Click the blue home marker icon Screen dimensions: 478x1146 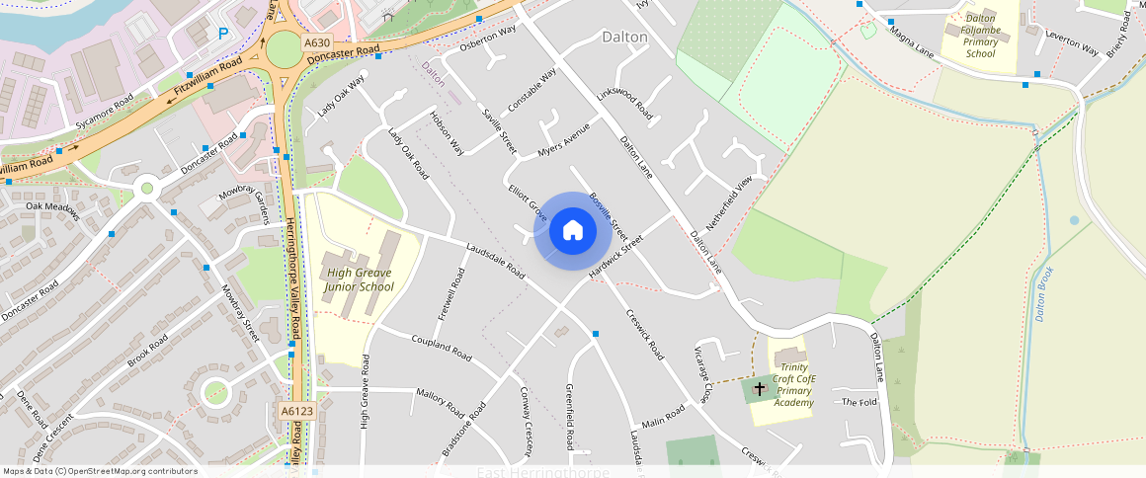click(572, 231)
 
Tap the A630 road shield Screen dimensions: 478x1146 click(317, 43)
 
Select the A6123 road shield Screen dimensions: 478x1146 click(296, 411)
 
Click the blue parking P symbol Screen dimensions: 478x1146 click(223, 34)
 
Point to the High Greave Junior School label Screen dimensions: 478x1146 click(360, 280)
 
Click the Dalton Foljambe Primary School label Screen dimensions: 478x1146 click(980, 37)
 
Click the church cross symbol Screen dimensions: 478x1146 click(759, 389)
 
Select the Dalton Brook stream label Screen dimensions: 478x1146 click(1045, 293)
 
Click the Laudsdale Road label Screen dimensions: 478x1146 click(495, 261)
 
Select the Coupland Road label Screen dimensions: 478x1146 click(442, 347)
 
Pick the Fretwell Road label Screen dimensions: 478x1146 click(450, 294)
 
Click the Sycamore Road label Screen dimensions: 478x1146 click(104, 114)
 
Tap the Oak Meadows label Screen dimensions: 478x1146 click(52, 206)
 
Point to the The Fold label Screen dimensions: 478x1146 click(859, 402)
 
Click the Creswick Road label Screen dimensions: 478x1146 click(643, 338)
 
